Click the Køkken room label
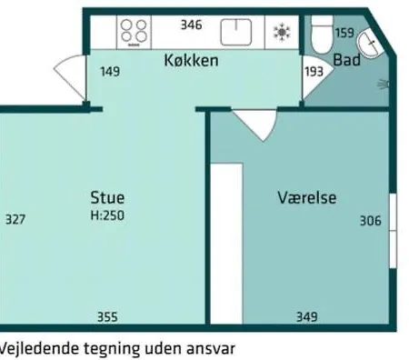pos(191,60)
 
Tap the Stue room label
pos(107,197)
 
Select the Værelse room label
pos(307,197)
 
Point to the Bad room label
pos(347,60)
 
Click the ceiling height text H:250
pos(107,215)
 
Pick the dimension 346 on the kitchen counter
pos(192,25)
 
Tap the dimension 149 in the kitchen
pos(110,72)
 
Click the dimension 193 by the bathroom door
pos(314,72)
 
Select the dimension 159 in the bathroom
pos(344,33)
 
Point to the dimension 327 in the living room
pos(15,219)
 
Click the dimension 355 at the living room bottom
pos(107,317)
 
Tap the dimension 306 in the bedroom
pos(371,221)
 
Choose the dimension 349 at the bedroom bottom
pos(307,317)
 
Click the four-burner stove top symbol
pos(134,33)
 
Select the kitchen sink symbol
pos(236,32)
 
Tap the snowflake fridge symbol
pos(282,32)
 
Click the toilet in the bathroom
pos(322,35)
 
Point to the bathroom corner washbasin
pos(370,44)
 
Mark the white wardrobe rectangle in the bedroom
pos(226,244)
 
